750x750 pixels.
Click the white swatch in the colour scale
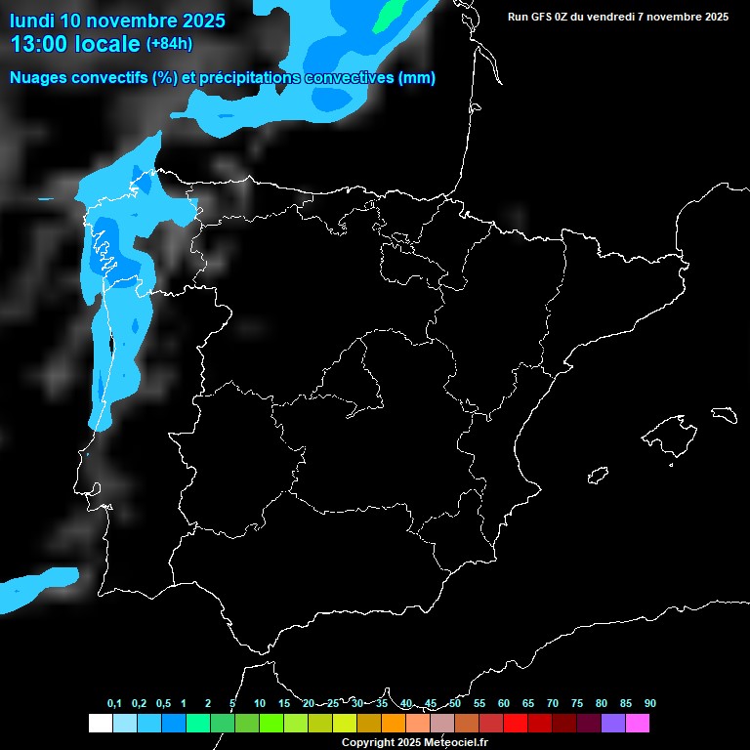click(x=100, y=723)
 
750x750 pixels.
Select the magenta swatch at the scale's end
click(x=638, y=723)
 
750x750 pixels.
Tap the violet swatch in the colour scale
click(x=613, y=723)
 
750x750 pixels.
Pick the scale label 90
click(x=650, y=703)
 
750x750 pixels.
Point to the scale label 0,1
click(x=114, y=703)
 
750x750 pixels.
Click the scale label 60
click(x=504, y=703)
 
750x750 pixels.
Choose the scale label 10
click(x=260, y=703)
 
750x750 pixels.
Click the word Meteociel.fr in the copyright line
click(x=455, y=742)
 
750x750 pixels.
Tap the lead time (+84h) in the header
click(x=169, y=44)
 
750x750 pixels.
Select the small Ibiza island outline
click(x=599, y=475)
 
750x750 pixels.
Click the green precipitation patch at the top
click(x=390, y=12)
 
